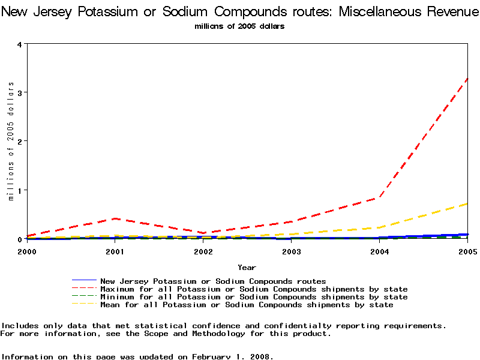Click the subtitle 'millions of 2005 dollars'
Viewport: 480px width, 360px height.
coord(239,26)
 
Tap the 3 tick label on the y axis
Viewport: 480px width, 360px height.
coord(19,93)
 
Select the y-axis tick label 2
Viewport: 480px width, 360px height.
coord(19,142)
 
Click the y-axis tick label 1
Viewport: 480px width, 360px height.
coord(19,191)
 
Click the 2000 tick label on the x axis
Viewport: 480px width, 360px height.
coord(27,251)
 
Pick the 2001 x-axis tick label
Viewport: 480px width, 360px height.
coord(115,251)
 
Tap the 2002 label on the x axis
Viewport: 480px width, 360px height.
coord(203,251)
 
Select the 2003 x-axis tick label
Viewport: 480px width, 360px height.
coord(292,251)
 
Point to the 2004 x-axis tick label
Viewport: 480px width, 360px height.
coord(380,251)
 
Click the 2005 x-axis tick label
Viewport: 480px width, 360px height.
coord(467,251)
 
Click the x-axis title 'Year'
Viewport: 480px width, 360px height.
coord(247,268)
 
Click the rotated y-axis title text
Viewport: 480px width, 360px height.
coord(11,141)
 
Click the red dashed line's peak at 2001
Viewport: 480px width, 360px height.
coord(115,218)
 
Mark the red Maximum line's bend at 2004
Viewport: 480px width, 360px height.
coord(380,197)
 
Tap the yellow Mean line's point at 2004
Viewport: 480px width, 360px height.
coord(380,227)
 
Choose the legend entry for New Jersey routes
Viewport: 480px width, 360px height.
coord(213,281)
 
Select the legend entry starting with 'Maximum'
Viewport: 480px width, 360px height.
coord(254,289)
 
